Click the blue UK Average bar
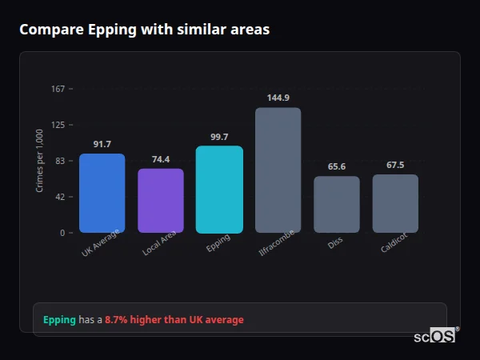coord(102,193)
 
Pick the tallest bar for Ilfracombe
coord(278,170)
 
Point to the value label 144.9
coord(278,98)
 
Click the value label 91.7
coord(102,144)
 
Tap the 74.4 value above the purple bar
coord(161,159)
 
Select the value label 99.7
coord(219,137)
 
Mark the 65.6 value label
coord(337,166)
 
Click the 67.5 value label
coord(395,165)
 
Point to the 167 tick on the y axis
coord(58,89)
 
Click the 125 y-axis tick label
coord(58,125)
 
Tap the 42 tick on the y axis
coord(59,197)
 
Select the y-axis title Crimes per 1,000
coord(40,161)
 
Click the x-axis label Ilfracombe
coord(277,243)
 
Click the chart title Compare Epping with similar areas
coord(144,30)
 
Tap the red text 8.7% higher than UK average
coord(174,320)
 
